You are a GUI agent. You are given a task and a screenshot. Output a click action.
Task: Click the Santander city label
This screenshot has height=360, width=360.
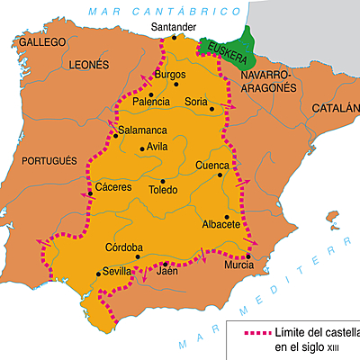coord(172,27)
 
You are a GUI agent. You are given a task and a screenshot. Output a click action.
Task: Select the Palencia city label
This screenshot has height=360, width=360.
coord(150,103)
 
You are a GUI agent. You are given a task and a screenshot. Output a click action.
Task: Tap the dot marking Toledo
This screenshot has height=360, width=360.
coord(162,179)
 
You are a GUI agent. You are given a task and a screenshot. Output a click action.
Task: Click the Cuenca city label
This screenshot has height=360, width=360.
coord(213,166)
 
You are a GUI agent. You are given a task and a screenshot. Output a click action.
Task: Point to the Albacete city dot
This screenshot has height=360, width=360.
coord(228,216)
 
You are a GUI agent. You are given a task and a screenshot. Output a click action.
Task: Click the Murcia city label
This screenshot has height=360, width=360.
coord(239,266)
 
